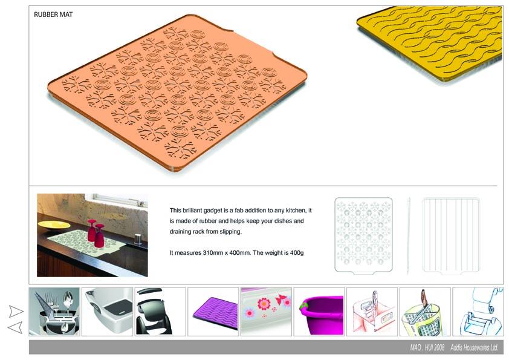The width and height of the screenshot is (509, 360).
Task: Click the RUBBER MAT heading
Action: point(53,15)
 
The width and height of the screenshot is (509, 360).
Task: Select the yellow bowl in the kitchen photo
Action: point(54,226)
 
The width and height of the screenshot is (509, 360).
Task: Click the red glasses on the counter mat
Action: point(96,232)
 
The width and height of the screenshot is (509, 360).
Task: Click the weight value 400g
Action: point(297,253)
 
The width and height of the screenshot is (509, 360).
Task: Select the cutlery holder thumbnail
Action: point(54,312)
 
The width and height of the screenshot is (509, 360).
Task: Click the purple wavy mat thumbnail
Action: point(213,312)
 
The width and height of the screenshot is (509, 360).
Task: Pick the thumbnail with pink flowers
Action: point(266,312)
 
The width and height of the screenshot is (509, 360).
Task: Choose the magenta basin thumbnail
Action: point(319,312)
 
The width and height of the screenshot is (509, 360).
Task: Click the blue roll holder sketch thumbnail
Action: point(478,312)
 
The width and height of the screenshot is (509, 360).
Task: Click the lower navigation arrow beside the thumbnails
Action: point(15,327)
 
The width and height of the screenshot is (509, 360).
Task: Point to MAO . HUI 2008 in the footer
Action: point(427,348)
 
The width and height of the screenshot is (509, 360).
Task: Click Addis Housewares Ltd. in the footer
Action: point(475,348)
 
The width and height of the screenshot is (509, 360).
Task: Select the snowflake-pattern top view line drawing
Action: point(363,235)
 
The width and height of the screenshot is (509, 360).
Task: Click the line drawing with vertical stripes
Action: point(451,235)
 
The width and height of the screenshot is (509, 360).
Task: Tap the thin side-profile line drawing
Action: point(409,235)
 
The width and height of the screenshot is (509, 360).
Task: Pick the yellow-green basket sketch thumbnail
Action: point(425,312)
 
